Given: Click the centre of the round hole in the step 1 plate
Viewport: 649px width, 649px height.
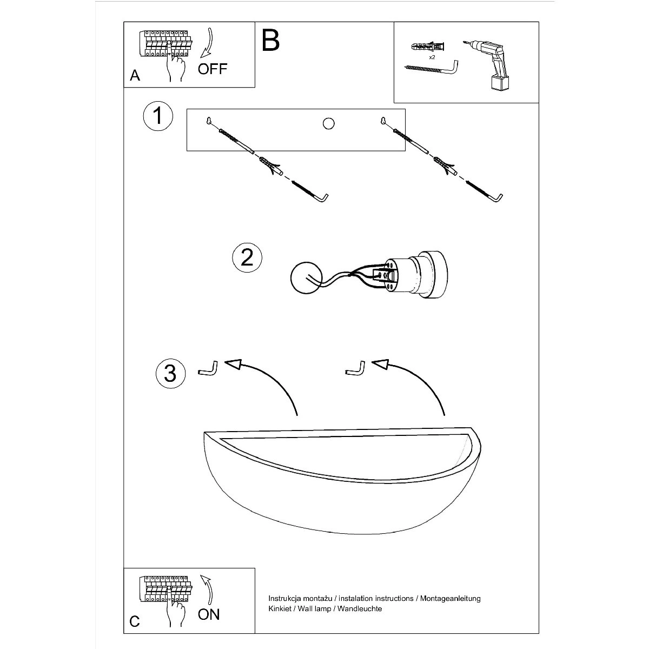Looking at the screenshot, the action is [328, 124].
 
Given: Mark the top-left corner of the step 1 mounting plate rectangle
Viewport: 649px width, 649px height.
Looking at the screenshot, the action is [187, 109].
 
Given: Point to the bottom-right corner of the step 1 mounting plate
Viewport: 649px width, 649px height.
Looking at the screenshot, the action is [405, 150].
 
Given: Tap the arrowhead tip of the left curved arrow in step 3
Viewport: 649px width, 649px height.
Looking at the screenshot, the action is [224, 362].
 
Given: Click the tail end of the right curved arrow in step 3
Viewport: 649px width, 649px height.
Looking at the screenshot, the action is [445, 415].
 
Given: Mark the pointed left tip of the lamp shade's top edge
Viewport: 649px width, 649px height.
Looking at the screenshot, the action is [204, 433].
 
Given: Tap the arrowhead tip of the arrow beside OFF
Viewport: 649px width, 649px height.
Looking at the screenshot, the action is [201, 57].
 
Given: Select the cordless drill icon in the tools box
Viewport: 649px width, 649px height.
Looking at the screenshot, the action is [486, 65].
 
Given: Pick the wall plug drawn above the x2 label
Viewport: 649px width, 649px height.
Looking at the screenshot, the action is [428, 47].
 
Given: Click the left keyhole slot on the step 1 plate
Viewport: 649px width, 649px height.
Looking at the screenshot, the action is [209, 120].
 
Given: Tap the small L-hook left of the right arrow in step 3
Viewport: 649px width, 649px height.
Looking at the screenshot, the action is [355, 368].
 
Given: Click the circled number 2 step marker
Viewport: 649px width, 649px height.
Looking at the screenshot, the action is [247, 257].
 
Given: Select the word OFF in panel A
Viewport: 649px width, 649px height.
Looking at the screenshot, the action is [213, 69].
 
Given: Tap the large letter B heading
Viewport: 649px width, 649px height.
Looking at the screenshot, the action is [270, 40].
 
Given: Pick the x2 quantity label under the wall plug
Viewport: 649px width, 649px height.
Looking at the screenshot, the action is [432, 57].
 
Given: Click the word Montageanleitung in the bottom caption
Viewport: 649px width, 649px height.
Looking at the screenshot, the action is [451, 599].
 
